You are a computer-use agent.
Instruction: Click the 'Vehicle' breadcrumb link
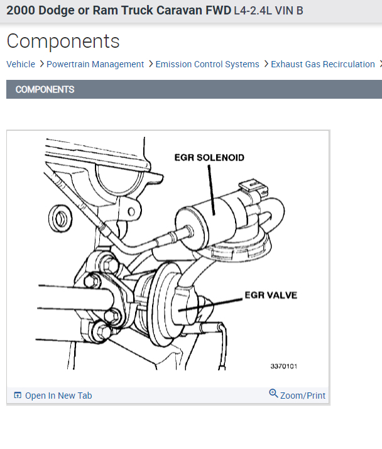tap(21, 64)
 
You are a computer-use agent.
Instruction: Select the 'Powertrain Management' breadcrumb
tap(95, 64)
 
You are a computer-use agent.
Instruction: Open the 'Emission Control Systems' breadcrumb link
tap(207, 64)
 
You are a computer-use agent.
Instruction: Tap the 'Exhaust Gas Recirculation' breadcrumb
tap(322, 64)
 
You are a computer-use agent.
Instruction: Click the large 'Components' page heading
tap(63, 42)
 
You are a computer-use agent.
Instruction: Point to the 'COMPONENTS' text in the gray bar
tap(45, 89)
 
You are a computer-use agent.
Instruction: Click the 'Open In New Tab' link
tap(58, 396)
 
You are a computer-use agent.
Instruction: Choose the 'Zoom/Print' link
tap(303, 396)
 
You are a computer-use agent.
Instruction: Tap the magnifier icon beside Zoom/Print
tap(273, 394)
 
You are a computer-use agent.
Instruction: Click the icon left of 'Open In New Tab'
tap(18, 396)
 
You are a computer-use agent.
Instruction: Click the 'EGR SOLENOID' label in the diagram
tap(209, 158)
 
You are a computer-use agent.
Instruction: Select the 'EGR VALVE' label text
tap(271, 295)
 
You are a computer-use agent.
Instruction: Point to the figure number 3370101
tap(283, 365)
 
